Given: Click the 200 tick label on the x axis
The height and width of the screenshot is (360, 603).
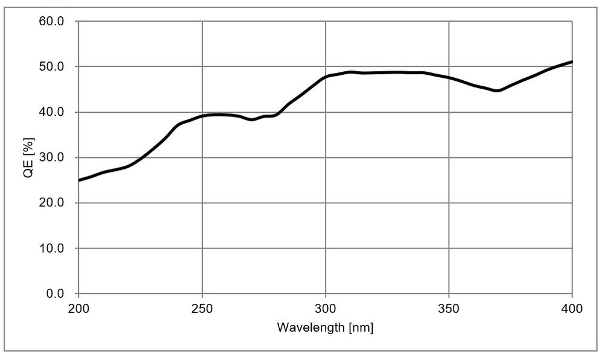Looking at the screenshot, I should [x=78, y=309].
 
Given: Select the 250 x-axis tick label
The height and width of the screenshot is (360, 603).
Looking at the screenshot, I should [x=202, y=309].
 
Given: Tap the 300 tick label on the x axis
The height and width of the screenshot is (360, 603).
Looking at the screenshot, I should [x=326, y=309].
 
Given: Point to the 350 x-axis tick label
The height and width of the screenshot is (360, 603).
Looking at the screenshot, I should [x=449, y=309].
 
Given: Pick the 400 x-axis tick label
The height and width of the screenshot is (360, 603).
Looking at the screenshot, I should [x=572, y=309].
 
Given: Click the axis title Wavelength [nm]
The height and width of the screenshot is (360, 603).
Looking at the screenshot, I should [x=325, y=328].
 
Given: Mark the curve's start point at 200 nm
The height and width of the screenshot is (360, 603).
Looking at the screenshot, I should [x=79, y=180].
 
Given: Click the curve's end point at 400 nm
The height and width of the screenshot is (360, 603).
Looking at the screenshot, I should [x=572, y=62].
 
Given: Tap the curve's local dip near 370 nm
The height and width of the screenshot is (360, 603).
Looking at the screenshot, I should [x=497, y=91].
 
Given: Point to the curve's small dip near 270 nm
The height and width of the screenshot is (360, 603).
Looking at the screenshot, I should [x=252, y=119].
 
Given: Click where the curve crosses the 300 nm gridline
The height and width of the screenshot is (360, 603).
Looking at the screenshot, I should [x=326, y=77].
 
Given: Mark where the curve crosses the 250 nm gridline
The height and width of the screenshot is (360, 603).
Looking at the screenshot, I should [x=202, y=116].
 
